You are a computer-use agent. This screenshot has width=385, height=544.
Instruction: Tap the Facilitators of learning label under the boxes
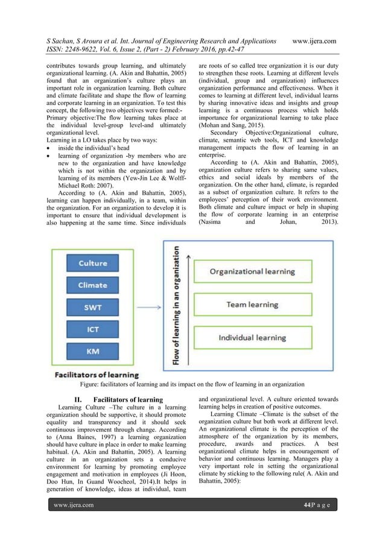pyautogui.click(x=97, y=375)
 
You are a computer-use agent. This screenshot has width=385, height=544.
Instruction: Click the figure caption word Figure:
pyautogui.click(x=92, y=384)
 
